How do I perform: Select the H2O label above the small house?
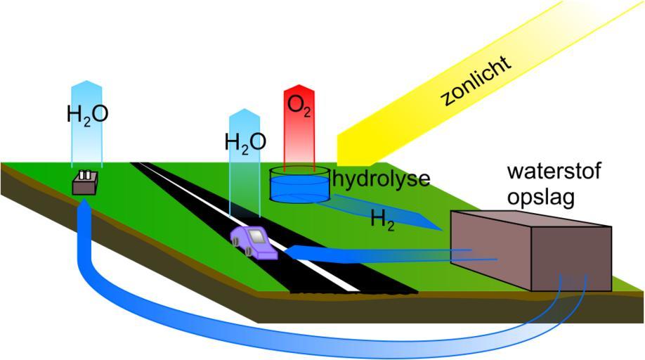[87, 114]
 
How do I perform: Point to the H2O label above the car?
[245, 142]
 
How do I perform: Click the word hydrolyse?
[381, 179]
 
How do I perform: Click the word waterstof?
[555, 172]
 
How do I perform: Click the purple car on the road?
[254, 242]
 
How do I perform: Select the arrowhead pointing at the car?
[291, 252]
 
